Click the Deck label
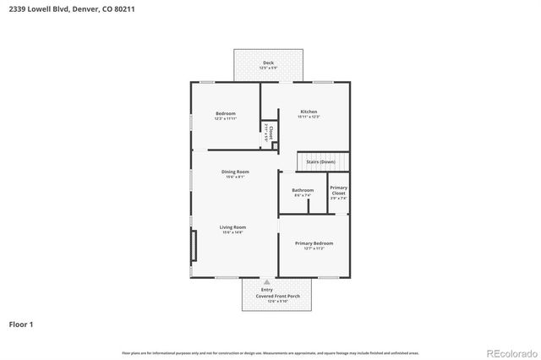[268, 63]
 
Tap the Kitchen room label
[309, 112]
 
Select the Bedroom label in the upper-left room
[225, 113]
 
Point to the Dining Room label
[235, 172]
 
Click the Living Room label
[232, 227]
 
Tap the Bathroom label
[303, 190]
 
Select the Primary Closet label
[338, 190]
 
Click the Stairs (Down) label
[321, 161]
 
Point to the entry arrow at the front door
[267, 282]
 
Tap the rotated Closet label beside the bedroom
[270, 133]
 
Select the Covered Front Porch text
[277, 297]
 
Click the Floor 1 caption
[21, 324]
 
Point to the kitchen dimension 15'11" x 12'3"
[309, 117]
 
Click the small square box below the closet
[275, 145]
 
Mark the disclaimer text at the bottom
[270, 352]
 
